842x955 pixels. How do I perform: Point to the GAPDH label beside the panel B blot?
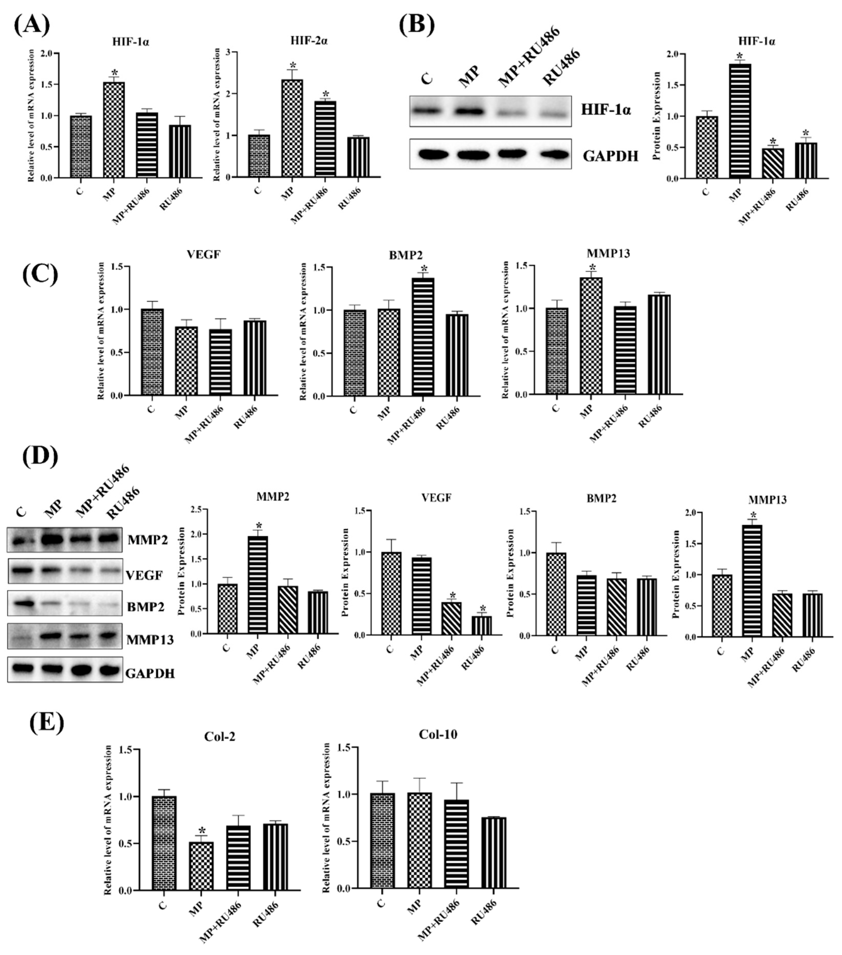(610, 156)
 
